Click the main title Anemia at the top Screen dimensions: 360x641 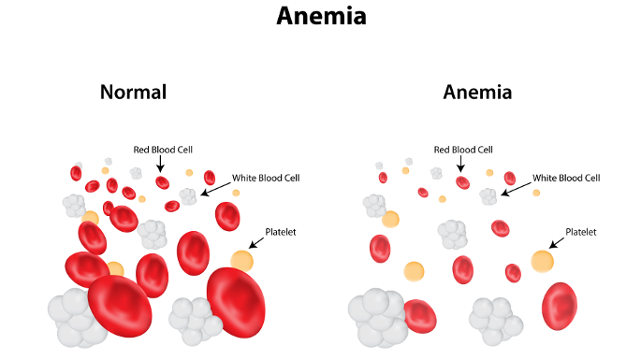[x=320, y=17]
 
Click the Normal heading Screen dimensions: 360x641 [x=133, y=93]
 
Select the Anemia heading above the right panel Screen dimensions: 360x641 [x=477, y=93]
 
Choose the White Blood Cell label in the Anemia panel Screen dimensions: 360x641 [x=566, y=177]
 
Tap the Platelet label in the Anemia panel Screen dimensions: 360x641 [x=580, y=231]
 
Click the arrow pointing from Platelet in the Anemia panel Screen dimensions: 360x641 [x=559, y=243]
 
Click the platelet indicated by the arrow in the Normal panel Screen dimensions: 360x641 [x=241, y=261]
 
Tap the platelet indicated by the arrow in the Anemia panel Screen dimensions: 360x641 [x=542, y=261]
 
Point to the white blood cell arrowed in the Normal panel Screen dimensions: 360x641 [x=188, y=196]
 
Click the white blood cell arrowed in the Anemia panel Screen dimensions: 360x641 [x=488, y=196]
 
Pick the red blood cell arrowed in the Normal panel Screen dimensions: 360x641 [x=162, y=182]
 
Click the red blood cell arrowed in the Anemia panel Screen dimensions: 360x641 [x=462, y=181]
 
